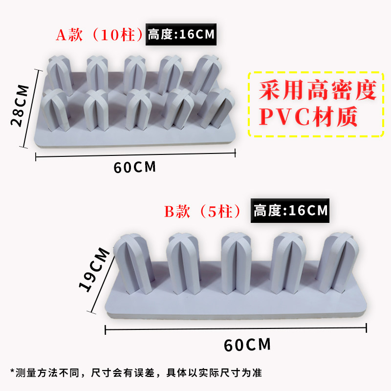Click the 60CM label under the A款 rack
[134, 167]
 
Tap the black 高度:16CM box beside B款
[290, 211]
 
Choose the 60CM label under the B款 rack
[247, 345]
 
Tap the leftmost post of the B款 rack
[131, 264]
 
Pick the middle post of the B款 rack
[237, 264]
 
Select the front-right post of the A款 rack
[216, 108]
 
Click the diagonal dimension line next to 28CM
[31, 108]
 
